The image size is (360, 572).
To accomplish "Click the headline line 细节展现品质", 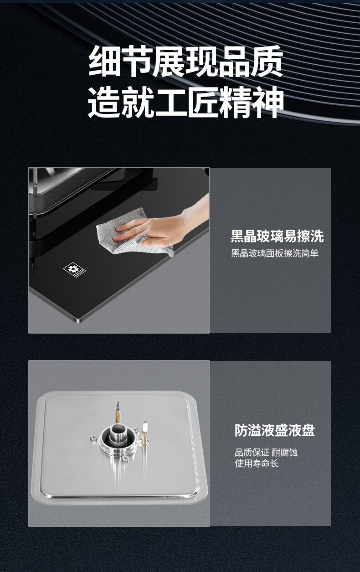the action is [x=185, y=61].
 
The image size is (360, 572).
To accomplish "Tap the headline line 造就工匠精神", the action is [x=185, y=102].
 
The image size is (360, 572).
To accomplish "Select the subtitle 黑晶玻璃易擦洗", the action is [x=277, y=236].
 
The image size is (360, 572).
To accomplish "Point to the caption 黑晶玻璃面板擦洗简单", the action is [x=275, y=253].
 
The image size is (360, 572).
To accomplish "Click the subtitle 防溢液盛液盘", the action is [x=275, y=430].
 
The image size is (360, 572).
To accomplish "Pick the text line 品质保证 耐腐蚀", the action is [x=266, y=453].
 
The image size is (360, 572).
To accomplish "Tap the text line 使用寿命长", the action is [x=257, y=463].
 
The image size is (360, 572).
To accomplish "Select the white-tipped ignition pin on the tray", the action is [x=144, y=432].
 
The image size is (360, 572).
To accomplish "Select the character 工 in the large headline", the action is [x=170, y=102].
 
